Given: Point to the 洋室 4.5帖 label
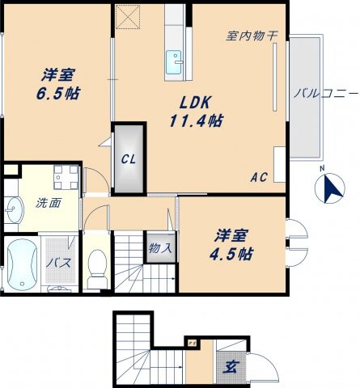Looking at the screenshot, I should click(x=231, y=244).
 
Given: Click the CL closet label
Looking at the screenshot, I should click(x=129, y=158).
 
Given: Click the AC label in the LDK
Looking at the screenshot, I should click(x=259, y=177).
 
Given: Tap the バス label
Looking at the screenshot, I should click(x=57, y=263).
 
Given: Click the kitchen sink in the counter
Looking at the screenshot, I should click(x=175, y=60).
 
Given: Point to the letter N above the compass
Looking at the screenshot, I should click(x=321, y=169).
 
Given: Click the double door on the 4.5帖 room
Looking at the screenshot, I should click(x=297, y=243).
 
